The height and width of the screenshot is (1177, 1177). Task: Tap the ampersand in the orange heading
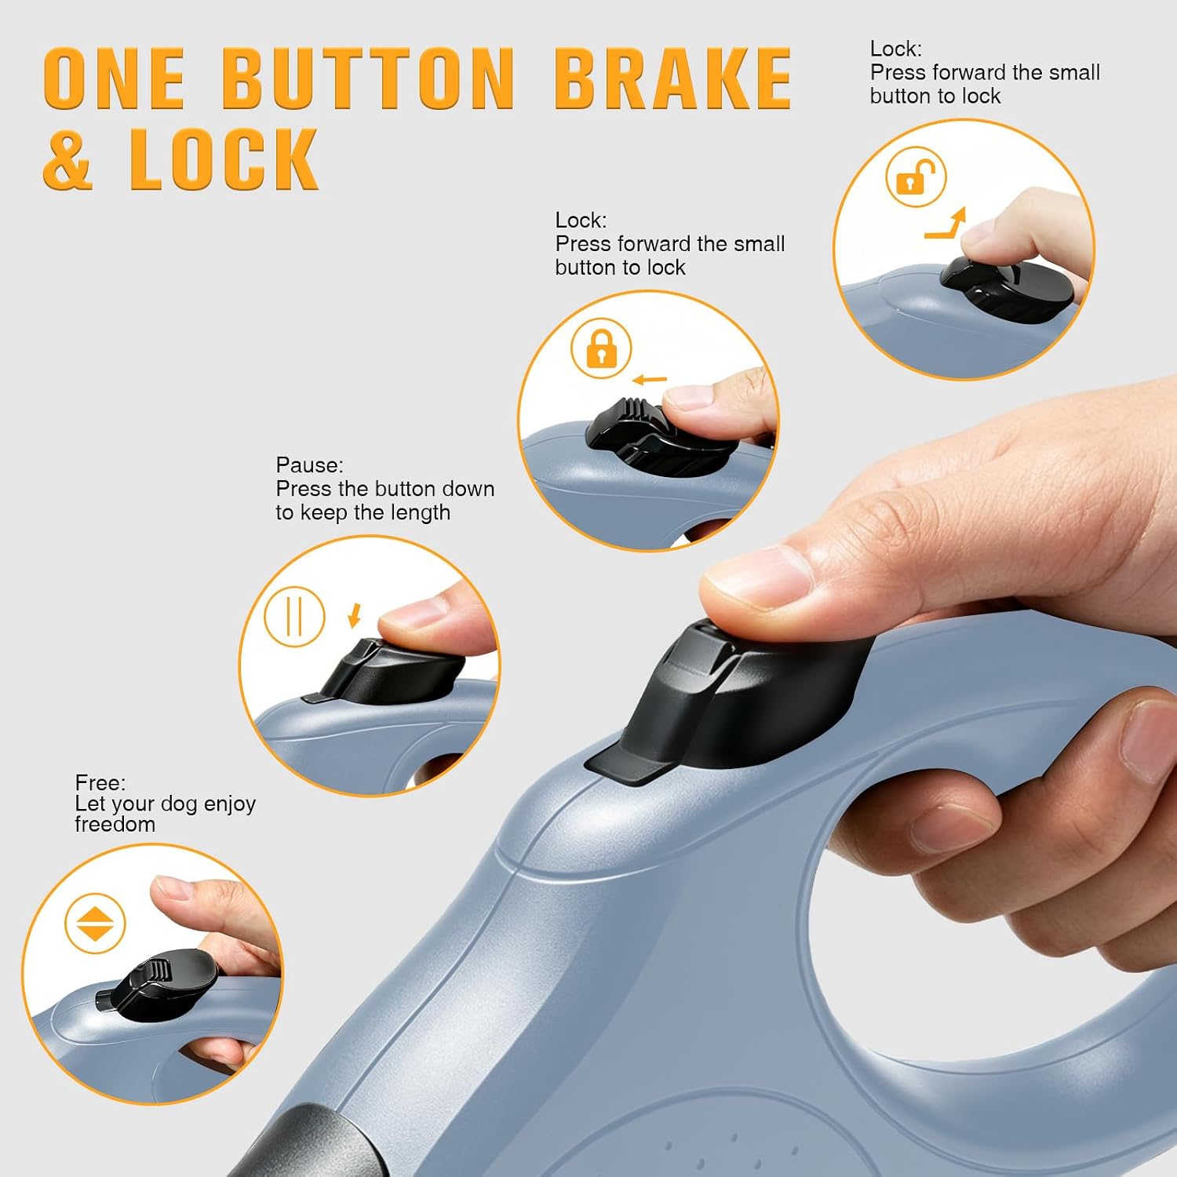click(x=68, y=159)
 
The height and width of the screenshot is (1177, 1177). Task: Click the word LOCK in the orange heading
click(x=224, y=159)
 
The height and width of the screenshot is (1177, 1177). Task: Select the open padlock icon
click(x=916, y=177)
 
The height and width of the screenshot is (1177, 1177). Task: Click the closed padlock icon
click(x=601, y=348)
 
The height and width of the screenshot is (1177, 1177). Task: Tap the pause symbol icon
click(x=294, y=616)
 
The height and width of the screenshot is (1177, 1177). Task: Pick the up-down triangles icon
click(x=95, y=923)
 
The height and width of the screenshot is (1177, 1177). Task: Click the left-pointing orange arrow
click(x=650, y=381)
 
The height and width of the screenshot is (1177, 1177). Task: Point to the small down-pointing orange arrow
click(x=355, y=615)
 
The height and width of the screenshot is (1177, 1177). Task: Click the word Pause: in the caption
click(x=309, y=465)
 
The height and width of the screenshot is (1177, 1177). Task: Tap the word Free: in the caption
click(x=100, y=782)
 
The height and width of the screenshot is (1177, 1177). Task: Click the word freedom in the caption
click(x=115, y=824)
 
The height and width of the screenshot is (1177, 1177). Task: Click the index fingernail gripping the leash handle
click(x=1149, y=741)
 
